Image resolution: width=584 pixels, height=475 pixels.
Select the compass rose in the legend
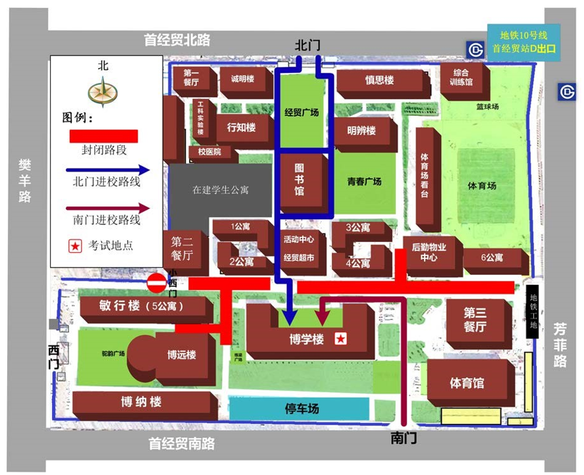click(x=102, y=90)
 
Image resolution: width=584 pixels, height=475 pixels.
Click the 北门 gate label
click(x=307, y=45)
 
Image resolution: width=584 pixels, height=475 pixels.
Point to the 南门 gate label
click(x=403, y=438)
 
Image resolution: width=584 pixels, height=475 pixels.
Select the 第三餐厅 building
click(x=475, y=320)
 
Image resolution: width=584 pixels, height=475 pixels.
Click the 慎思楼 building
click(x=379, y=81)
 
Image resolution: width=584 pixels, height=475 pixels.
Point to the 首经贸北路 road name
click(x=177, y=40)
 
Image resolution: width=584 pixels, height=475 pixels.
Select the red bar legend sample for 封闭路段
click(x=104, y=136)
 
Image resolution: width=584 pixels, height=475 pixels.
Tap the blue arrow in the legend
click(x=109, y=170)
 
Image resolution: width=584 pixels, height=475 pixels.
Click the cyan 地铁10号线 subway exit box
click(x=523, y=43)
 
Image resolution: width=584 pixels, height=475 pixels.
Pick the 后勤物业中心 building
click(x=429, y=253)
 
